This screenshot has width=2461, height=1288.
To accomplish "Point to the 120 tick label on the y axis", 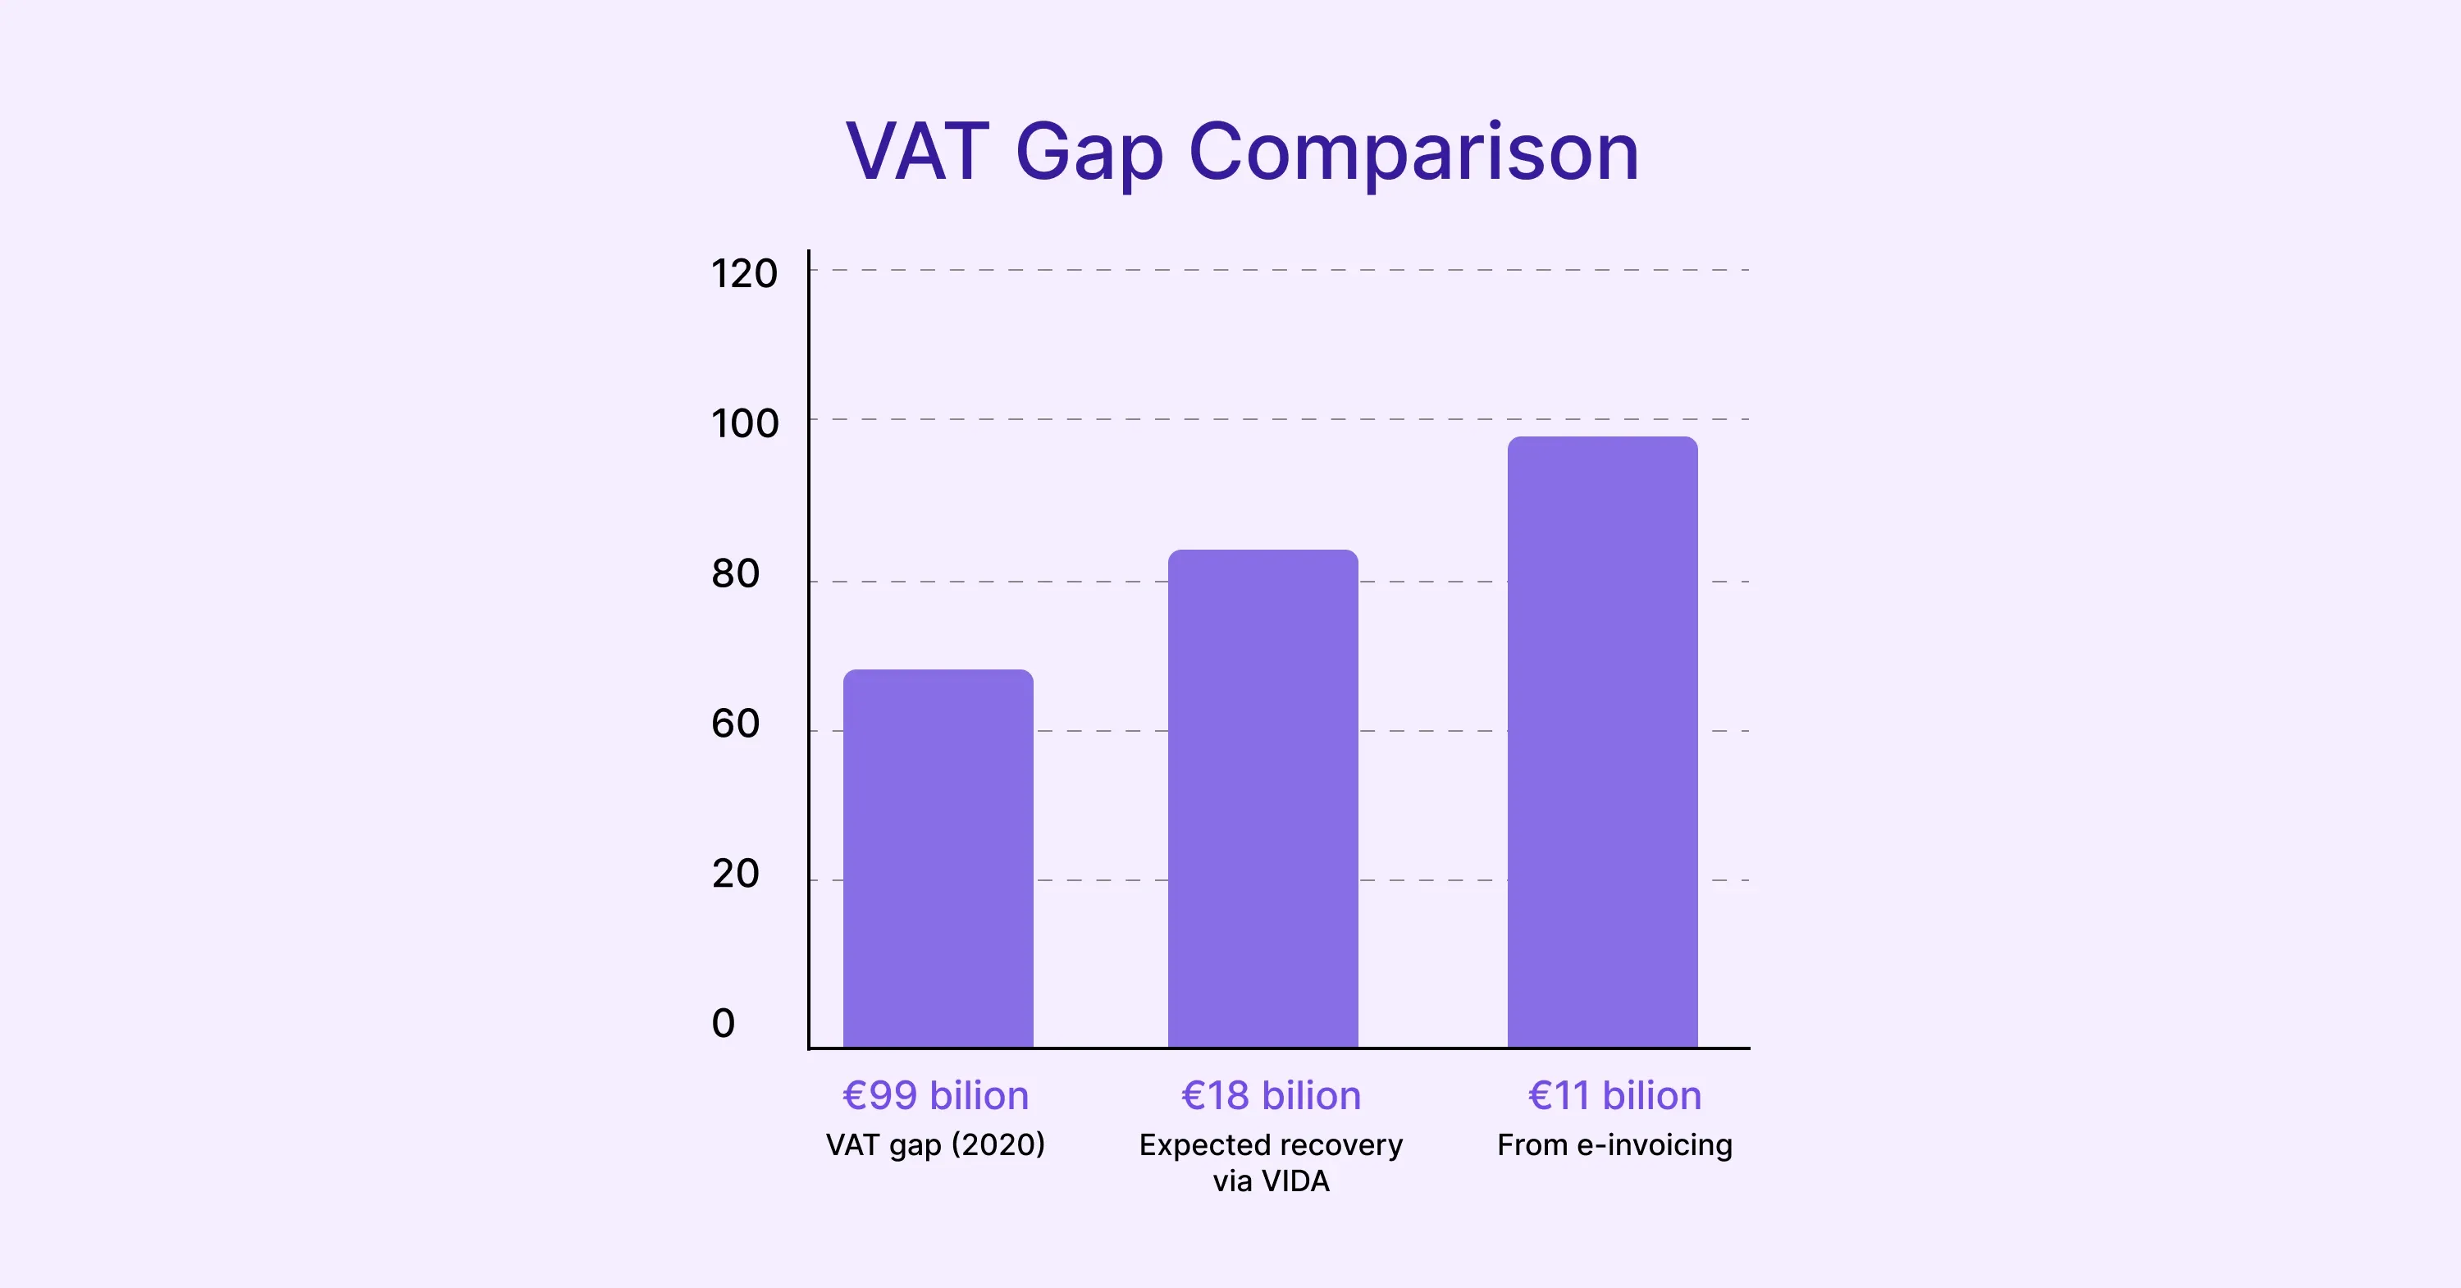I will coord(743,274).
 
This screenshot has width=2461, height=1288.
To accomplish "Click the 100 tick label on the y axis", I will coord(744,424).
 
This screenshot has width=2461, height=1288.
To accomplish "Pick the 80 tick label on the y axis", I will coord(735,574).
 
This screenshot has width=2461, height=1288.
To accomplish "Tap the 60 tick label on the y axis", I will coord(735,724).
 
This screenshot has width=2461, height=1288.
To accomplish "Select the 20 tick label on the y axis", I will coord(735,875).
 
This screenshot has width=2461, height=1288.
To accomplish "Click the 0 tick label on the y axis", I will coord(724,1023).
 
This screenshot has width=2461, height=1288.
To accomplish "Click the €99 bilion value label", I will coord(935,1096).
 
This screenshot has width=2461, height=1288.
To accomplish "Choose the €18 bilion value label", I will coord(1271,1096).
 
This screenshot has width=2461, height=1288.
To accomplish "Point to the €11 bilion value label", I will coord(1614,1096).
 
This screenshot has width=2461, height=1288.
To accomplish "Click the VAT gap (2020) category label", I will coord(935,1144).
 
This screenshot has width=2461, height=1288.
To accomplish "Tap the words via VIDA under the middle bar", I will coord(1271,1182).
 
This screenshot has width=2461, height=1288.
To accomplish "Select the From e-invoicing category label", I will coord(1614,1144).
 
